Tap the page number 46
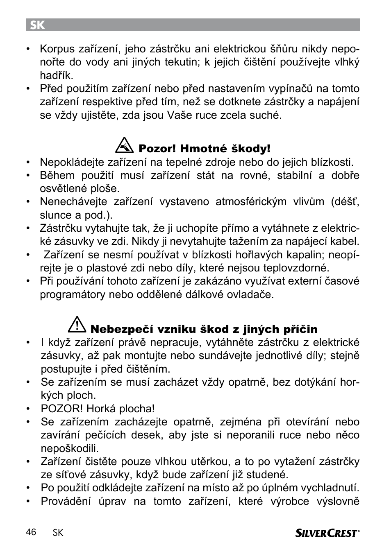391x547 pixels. (31, 532)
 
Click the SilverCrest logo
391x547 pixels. (327, 533)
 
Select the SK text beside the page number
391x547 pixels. (58, 533)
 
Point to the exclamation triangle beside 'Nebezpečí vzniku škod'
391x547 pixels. (77, 325)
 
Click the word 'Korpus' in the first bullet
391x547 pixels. (57, 49)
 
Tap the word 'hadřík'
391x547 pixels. (56, 76)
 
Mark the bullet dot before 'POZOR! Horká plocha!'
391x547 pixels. (29, 409)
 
